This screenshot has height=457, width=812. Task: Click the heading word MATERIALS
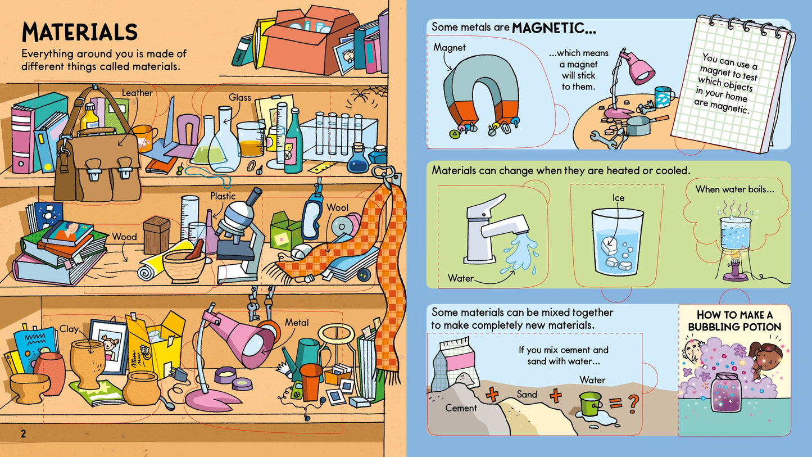79,33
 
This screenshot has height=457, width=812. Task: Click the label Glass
239,98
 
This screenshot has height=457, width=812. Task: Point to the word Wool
337,207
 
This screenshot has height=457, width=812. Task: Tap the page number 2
23,433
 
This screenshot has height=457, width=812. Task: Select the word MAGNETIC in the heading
554,28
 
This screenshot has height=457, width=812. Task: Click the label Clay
69,329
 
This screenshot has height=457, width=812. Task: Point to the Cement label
461,408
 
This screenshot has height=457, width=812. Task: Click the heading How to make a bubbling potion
734,321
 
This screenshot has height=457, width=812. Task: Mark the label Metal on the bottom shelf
297,323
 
